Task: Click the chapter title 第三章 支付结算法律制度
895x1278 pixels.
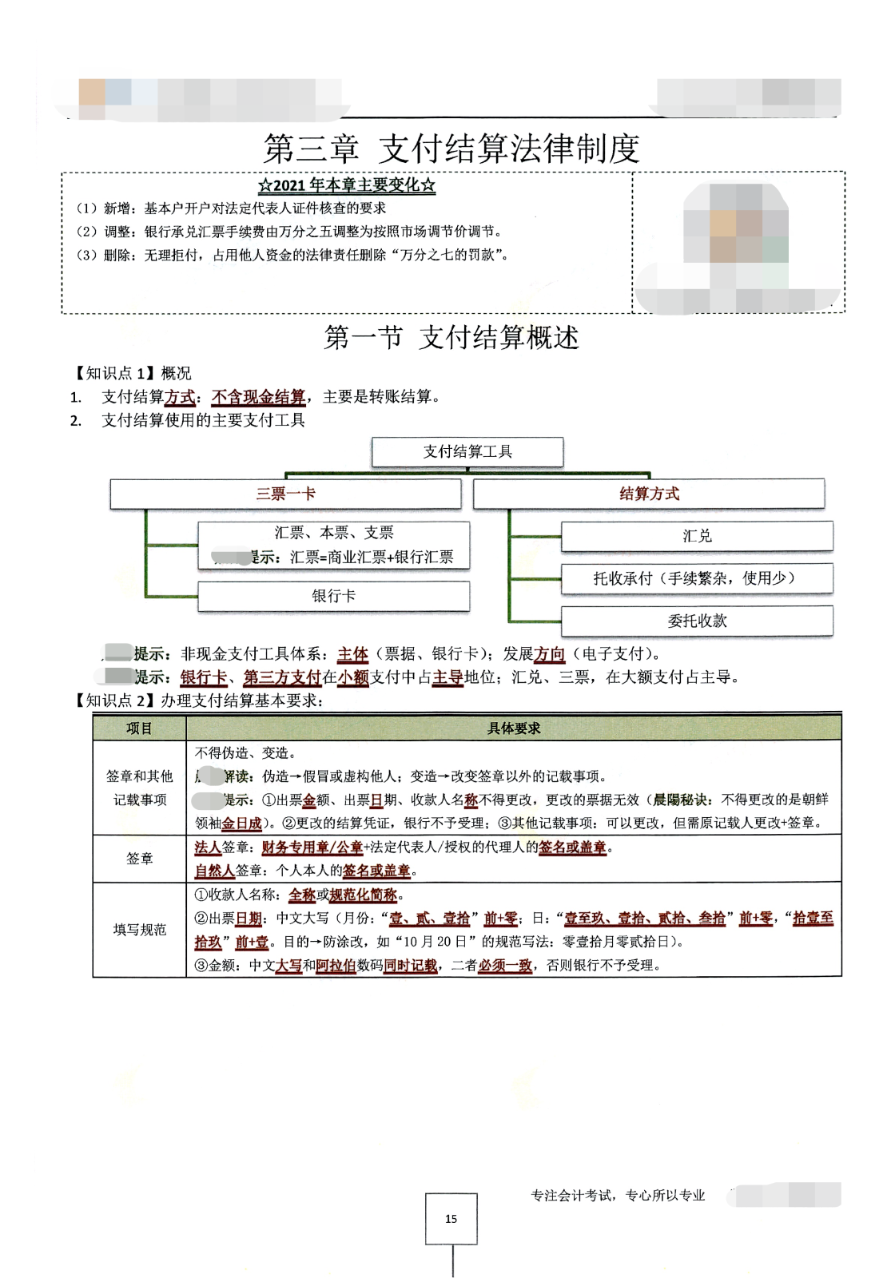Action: click(x=451, y=149)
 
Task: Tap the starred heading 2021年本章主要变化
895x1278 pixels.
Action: click(x=347, y=185)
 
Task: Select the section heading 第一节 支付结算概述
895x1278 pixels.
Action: click(x=451, y=338)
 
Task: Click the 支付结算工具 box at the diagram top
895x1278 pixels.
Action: click(x=467, y=452)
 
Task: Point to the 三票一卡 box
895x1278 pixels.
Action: click(x=285, y=494)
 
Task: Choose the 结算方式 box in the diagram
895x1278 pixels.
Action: click(x=649, y=494)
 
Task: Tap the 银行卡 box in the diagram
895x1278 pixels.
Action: click(x=333, y=596)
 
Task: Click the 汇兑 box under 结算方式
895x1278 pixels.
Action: click(x=697, y=536)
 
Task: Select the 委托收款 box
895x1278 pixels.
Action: click(x=697, y=621)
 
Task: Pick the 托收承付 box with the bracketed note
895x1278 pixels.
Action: click(x=697, y=578)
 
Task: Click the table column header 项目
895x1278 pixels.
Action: click(x=139, y=728)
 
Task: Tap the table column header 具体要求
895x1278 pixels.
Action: click(x=514, y=728)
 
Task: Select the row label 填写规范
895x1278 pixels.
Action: click(x=139, y=930)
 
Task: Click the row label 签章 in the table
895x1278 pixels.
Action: click(x=139, y=859)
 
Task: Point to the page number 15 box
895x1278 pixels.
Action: click(x=451, y=1219)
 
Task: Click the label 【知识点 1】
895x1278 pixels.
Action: click(x=112, y=374)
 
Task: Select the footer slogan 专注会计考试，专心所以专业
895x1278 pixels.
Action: click(x=618, y=1196)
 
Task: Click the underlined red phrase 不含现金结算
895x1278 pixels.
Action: click(x=258, y=397)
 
